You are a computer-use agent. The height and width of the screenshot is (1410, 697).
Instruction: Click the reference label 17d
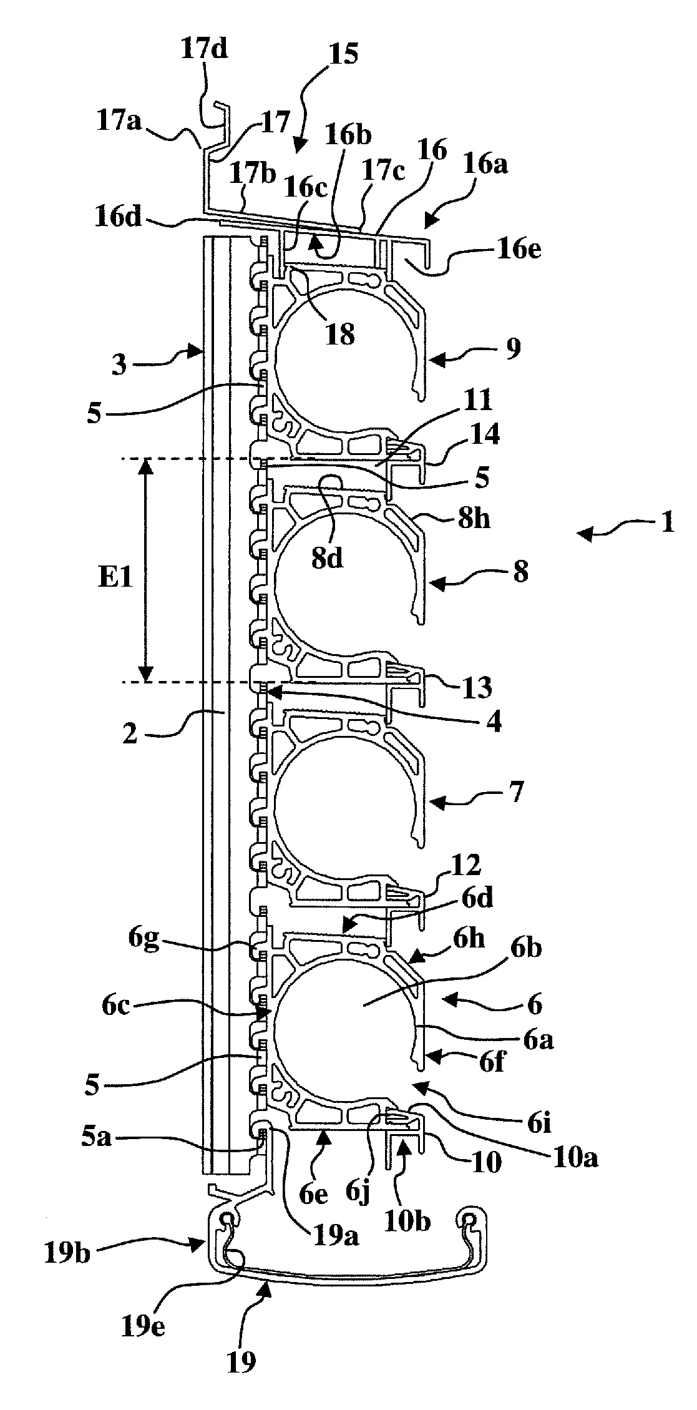[x=205, y=50]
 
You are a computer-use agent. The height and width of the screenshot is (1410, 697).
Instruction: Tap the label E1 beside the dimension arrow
[x=115, y=578]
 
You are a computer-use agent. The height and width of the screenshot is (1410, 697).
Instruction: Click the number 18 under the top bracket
[x=339, y=335]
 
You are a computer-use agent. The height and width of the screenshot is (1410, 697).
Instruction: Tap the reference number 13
[x=478, y=687]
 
